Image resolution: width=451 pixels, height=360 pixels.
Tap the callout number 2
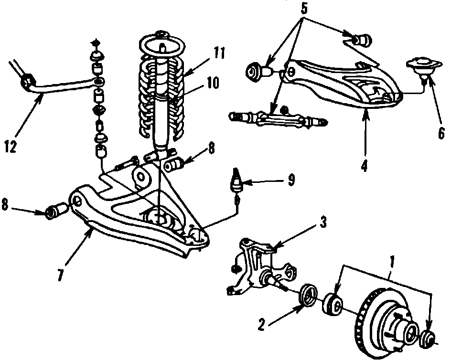(x=261, y=325)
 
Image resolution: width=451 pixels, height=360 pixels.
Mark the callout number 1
(x=392, y=263)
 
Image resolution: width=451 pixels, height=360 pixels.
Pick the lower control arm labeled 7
(x=139, y=224)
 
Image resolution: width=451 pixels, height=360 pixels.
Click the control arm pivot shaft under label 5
(x=277, y=118)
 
